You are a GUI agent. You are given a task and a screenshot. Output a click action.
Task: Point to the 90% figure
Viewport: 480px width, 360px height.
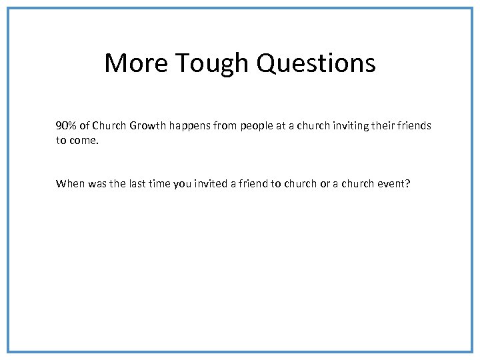66,125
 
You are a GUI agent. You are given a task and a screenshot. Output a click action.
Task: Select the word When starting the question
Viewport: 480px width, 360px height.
70,183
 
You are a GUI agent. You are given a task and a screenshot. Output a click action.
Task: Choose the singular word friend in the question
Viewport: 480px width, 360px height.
253,183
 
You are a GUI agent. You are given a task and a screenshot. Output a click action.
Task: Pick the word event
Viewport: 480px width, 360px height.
389,183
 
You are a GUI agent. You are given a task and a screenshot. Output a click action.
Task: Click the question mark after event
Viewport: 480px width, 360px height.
407,183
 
